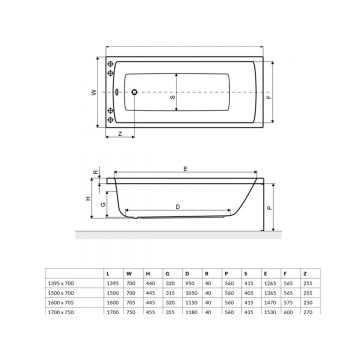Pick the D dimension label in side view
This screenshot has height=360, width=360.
pyautogui.click(x=176, y=206)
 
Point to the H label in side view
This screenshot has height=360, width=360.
pyautogui.click(x=88, y=200)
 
